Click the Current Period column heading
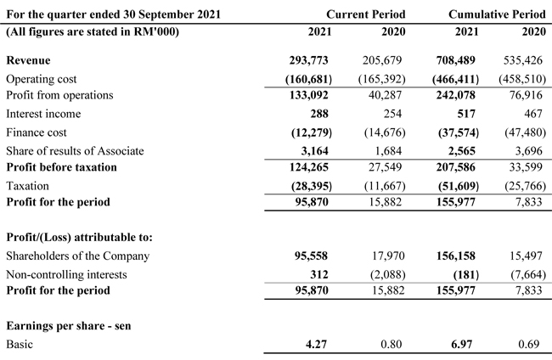(366, 14)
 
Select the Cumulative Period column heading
(497, 14)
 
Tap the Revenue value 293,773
(309, 60)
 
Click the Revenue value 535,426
(523, 60)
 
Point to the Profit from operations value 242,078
(456, 95)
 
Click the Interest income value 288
(319, 114)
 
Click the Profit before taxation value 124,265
(309, 167)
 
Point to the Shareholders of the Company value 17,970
(388, 256)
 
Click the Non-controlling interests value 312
(319, 274)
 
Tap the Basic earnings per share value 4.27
(316, 344)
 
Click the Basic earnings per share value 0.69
(529, 344)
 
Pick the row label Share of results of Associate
(75, 151)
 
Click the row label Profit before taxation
(62, 167)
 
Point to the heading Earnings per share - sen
(69, 326)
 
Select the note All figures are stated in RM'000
(93, 32)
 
